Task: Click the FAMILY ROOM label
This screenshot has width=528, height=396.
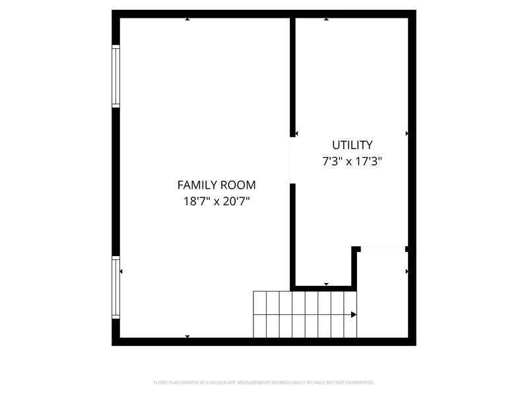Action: click(x=216, y=185)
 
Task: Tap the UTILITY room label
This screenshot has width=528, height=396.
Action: click(x=352, y=145)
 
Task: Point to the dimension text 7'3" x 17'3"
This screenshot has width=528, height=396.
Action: click(x=352, y=160)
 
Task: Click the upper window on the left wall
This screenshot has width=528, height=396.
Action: click(x=116, y=76)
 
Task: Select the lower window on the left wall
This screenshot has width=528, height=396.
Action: click(x=116, y=287)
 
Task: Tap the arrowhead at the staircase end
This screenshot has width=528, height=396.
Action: click(x=354, y=315)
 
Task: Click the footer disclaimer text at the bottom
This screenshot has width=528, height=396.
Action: click(x=264, y=382)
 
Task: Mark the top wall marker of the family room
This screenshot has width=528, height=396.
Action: click(x=187, y=19)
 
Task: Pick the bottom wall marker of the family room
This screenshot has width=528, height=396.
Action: click(x=187, y=337)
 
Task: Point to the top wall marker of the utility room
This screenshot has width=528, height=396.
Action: click(x=326, y=19)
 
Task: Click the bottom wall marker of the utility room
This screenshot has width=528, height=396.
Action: click(x=326, y=284)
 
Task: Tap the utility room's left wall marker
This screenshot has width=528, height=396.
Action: click(x=296, y=133)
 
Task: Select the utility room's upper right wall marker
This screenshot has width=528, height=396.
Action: click(x=407, y=133)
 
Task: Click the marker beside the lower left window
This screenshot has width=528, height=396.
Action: click(x=121, y=271)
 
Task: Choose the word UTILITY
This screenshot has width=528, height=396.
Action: click(x=352, y=145)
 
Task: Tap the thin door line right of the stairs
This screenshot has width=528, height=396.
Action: click(x=383, y=248)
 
